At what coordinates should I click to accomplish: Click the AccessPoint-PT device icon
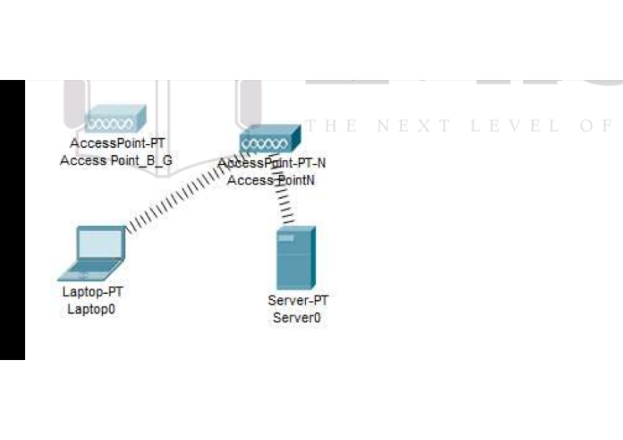click(115, 119)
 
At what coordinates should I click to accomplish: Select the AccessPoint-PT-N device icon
click(269, 140)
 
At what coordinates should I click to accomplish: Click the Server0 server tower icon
click(295, 258)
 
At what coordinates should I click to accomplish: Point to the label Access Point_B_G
click(116, 160)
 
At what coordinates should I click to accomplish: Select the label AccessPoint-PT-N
click(272, 163)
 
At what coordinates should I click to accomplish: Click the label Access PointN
click(270, 180)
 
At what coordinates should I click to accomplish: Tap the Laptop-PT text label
click(92, 292)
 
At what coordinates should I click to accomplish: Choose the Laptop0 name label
click(91, 310)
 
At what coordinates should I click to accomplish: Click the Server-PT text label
click(298, 300)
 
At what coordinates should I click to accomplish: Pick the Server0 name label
click(297, 318)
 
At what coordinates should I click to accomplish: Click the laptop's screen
click(100, 243)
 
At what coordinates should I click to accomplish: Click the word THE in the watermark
click(332, 126)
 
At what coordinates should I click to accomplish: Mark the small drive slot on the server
click(286, 238)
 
